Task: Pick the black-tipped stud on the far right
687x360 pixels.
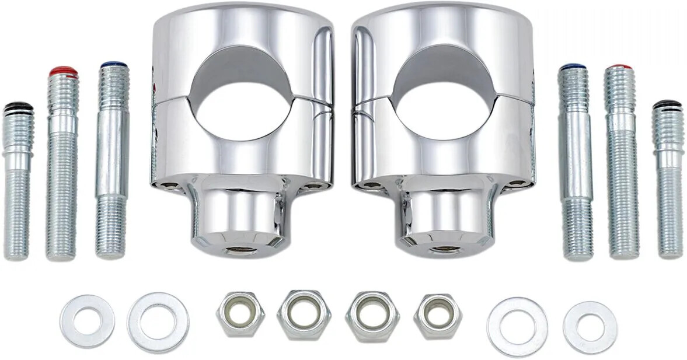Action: [668, 181]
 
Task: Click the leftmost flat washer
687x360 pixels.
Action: [87, 321]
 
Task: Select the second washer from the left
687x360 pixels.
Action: [158, 322]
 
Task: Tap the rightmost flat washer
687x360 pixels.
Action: [590, 327]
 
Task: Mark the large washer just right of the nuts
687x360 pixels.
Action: [517, 327]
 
